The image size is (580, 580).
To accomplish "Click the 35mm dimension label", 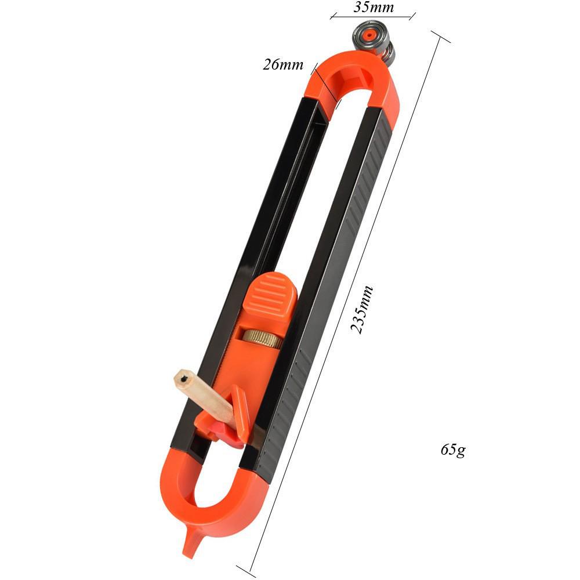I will pyautogui.click(x=373, y=8).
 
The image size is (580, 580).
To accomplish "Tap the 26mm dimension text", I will pyautogui.click(x=283, y=64).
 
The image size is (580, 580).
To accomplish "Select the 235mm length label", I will pyautogui.click(x=362, y=310).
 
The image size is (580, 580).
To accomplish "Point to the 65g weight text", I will pyautogui.click(x=452, y=449).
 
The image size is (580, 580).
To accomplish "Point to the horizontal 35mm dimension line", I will pyautogui.click(x=373, y=16).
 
